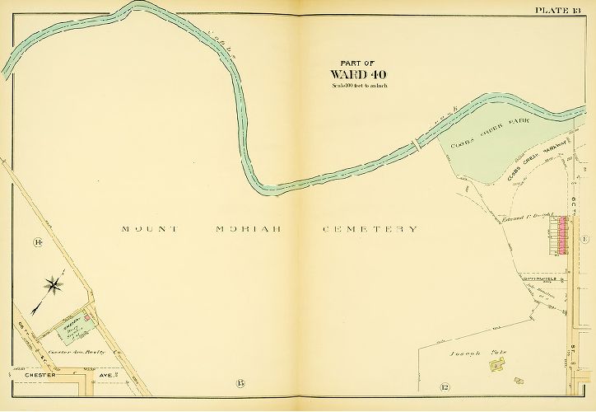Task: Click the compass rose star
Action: (x=54, y=286)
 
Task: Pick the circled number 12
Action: (x=445, y=387)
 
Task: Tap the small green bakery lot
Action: (x=72, y=329)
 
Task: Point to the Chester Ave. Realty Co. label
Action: (x=82, y=352)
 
